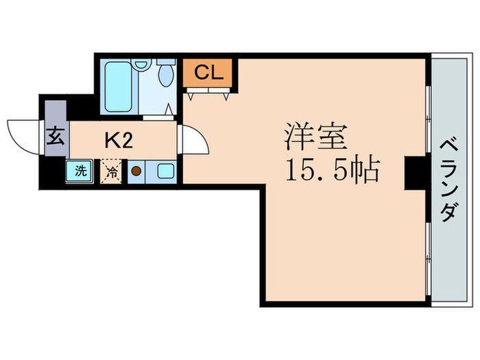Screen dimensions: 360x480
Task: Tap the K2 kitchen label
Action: click(118, 140)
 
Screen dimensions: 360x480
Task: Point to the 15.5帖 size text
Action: click(332, 169)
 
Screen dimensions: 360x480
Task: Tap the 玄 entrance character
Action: click(56, 136)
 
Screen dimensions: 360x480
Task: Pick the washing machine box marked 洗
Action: click(80, 170)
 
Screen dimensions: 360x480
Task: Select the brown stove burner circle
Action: click(136, 171)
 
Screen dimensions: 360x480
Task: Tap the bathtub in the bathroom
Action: click(119, 86)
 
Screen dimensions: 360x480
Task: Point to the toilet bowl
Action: click(167, 75)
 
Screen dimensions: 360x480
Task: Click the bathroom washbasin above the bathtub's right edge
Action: click(141, 64)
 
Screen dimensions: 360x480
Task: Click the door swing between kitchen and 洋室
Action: click(193, 143)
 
